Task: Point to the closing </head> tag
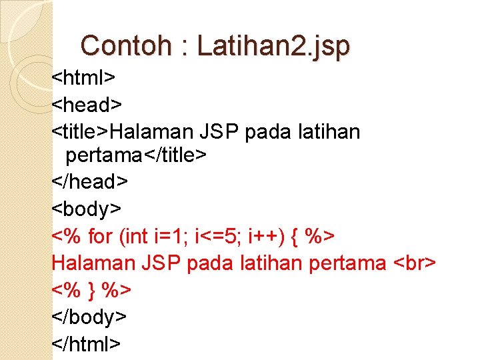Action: (x=90, y=182)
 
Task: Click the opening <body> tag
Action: (x=87, y=209)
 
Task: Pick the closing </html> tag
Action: (x=87, y=343)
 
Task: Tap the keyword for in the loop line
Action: (x=101, y=236)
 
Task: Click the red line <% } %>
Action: (x=91, y=290)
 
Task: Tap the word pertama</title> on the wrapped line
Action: (x=135, y=156)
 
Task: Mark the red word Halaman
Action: (x=93, y=263)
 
